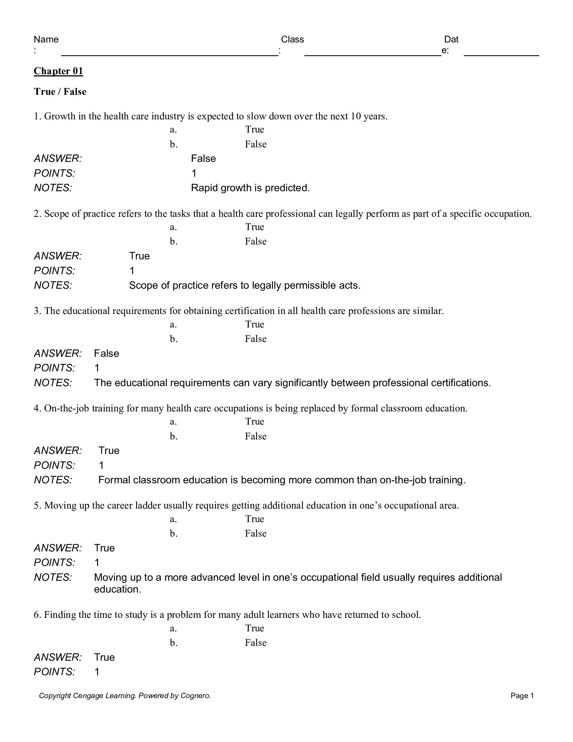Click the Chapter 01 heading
58,71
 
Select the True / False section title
60,92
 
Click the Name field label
46,39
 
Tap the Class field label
292,39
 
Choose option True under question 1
254,130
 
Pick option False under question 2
255,241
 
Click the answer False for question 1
203,159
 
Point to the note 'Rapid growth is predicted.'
250,188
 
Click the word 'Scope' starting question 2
56,214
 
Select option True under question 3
254,324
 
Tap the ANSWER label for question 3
58,354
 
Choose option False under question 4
255,436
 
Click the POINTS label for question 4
54,465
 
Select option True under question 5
254,519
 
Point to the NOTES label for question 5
53,577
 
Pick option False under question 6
255,643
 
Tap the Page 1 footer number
522,696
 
